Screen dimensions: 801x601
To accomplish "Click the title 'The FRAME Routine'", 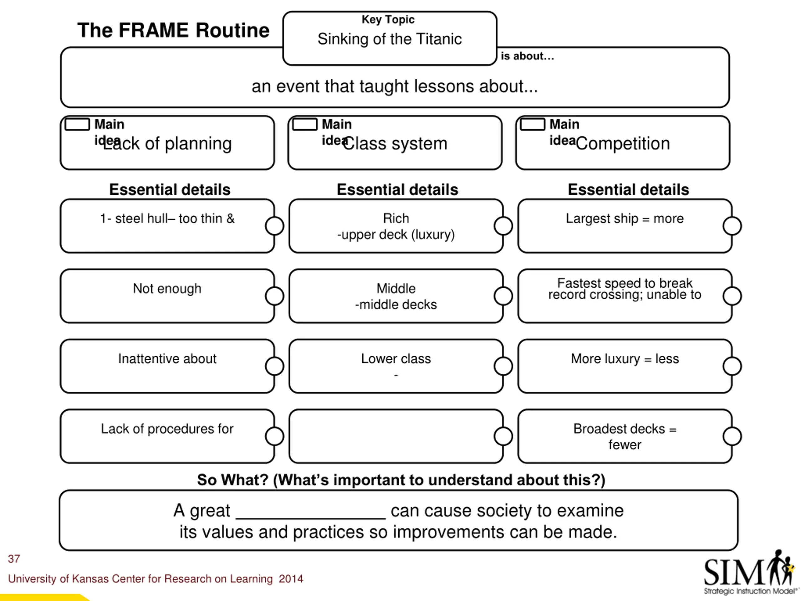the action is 173,30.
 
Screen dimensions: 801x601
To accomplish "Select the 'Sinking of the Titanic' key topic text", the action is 390,39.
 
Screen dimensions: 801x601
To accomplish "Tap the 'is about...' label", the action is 527,56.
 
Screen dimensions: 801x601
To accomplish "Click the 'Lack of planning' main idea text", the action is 167,143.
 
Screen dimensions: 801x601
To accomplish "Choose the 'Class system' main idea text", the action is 395,143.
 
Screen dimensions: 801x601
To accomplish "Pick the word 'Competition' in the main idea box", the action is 623,143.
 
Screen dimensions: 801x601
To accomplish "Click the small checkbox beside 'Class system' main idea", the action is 305,124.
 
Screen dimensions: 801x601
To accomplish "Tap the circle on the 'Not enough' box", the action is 274,296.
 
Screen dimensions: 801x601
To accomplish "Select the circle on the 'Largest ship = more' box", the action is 732,226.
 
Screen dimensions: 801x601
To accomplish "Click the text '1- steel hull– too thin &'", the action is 167,218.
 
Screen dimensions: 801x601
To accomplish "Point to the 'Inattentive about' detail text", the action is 167,359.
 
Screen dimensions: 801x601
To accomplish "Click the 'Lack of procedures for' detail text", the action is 167,429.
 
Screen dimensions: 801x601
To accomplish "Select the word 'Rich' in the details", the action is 396,218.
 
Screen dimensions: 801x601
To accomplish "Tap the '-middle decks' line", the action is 396,305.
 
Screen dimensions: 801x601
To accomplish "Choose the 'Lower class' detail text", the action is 396,359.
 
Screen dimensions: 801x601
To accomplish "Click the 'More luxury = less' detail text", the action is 625,359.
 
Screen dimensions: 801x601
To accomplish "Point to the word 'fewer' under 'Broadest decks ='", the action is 625,445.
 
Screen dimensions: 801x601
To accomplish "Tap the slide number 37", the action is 14,559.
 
